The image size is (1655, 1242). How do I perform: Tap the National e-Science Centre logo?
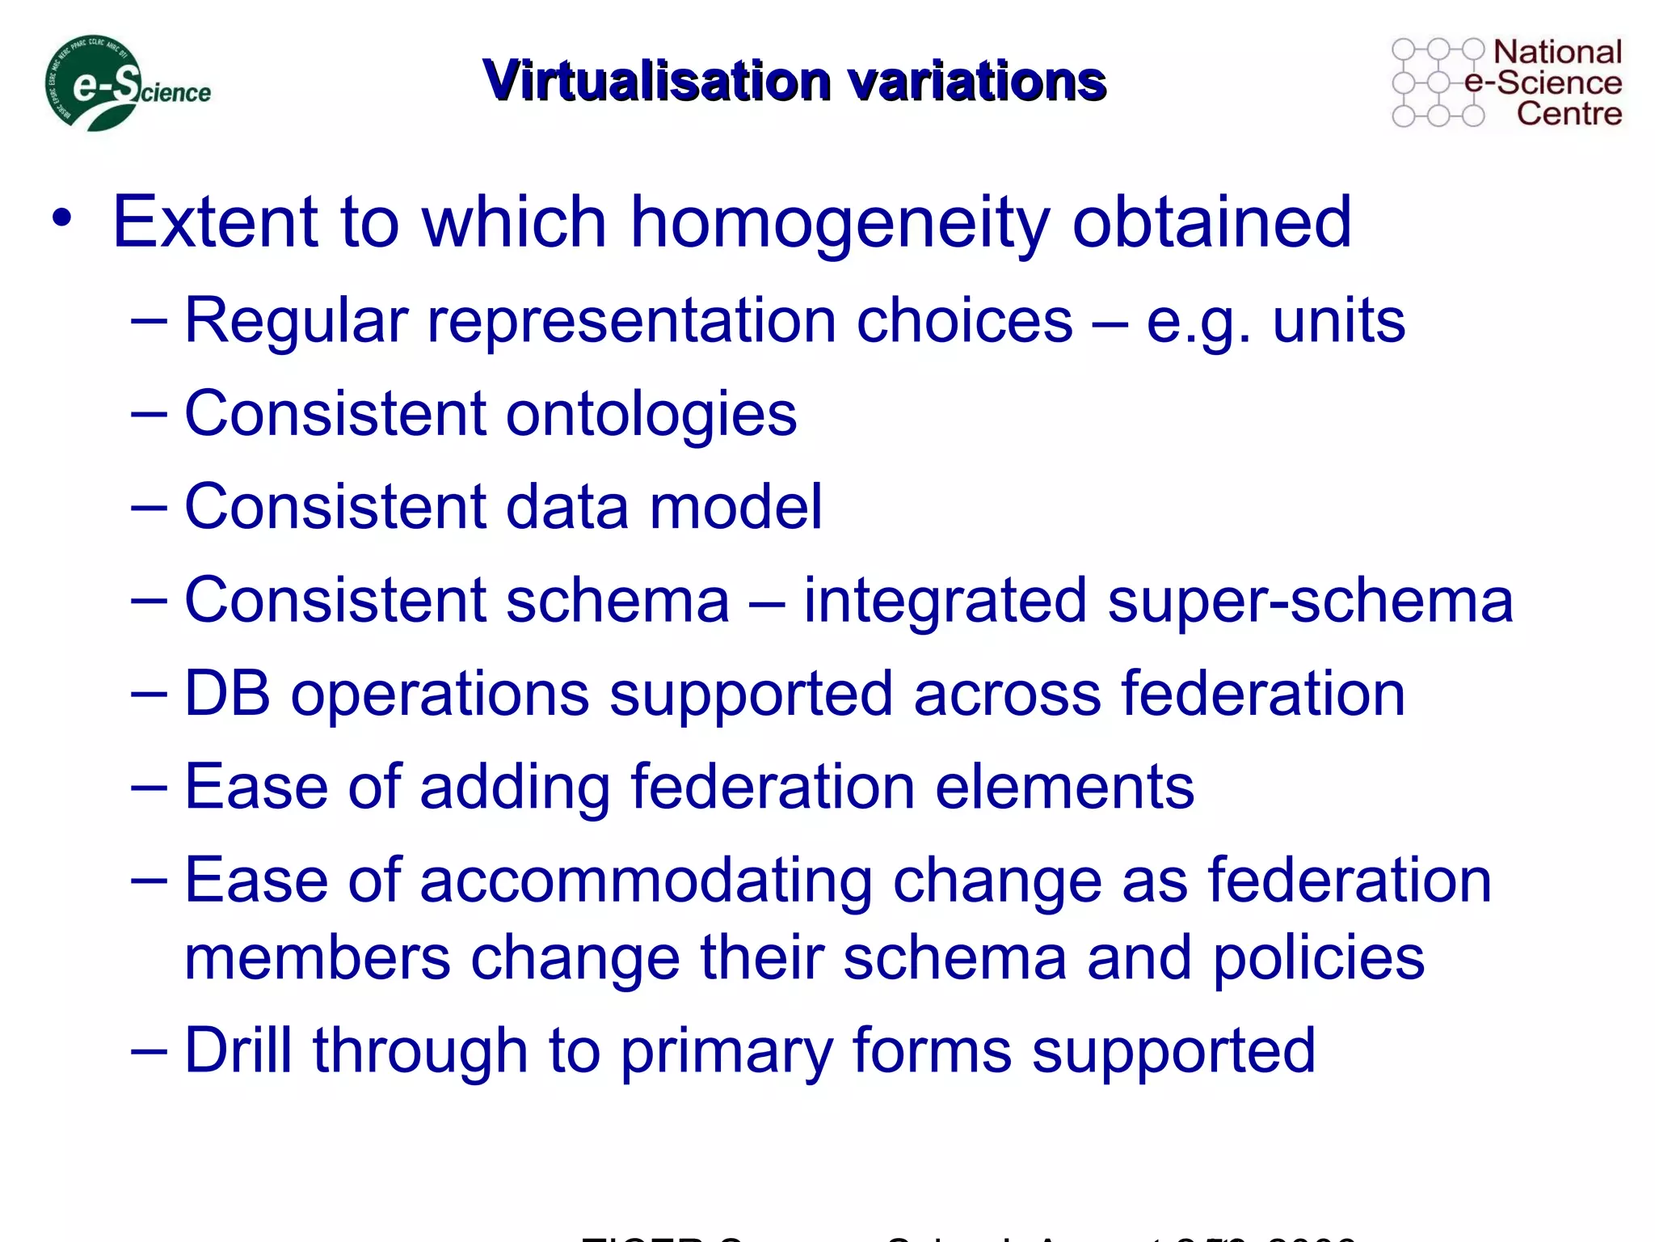(x=1506, y=82)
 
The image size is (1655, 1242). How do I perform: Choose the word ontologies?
(x=651, y=415)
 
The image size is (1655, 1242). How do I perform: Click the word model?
(x=735, y=507)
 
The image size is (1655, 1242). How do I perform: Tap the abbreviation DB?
(x=227, y=693)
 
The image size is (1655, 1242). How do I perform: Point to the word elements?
(x=1064, y=787)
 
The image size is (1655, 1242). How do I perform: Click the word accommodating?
(x=646, y=881)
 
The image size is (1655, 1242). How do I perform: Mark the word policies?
(x=1318, y=958)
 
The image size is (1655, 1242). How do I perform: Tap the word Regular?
(x=296, y=321)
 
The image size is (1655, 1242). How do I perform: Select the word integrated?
(x=945, y=602)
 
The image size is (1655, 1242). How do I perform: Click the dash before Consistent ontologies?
(x=149, y=415)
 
